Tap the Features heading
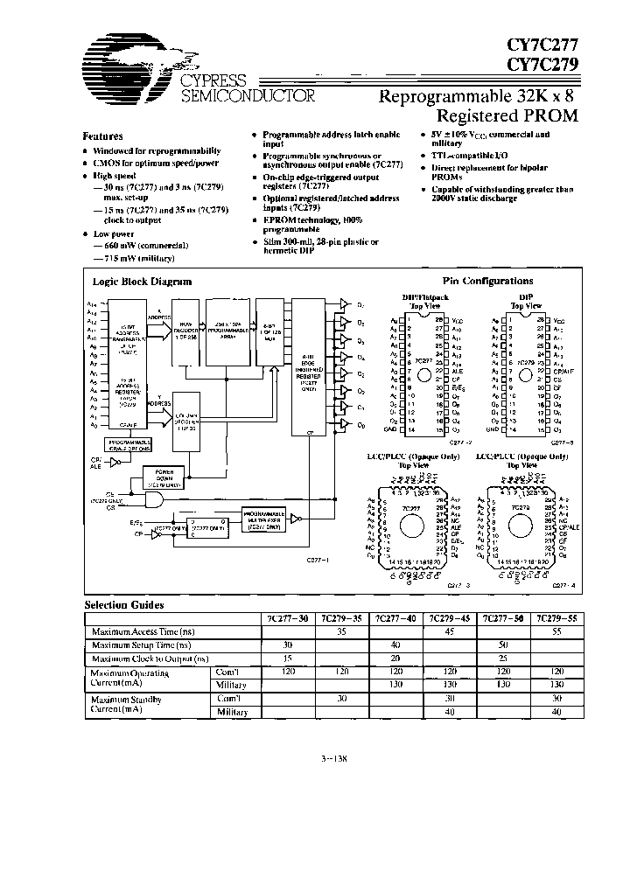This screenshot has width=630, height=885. click(102, 136)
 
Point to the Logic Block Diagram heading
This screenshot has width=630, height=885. click(142, 282)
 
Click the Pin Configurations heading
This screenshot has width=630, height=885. click(488, 281)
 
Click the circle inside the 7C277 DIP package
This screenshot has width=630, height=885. click(425, 373)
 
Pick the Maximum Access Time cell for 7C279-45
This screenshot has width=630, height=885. click(445, 631)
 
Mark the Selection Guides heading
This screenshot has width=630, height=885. click(123, 604)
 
